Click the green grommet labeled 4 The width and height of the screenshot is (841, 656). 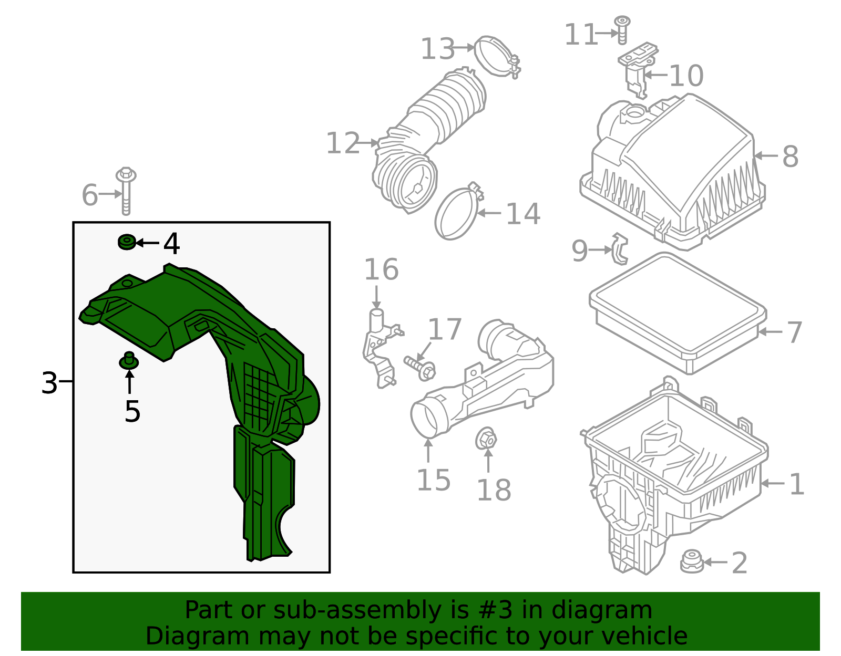click(x=127, y=242)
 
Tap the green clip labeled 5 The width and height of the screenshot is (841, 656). click(x=129, y=361)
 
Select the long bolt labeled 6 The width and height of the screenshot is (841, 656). click(x=126, y=191)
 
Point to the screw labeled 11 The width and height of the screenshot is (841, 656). click(x=622, y=30)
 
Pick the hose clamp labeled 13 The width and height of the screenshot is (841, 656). click(x=497, y=56)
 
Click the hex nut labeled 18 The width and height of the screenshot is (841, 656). click(x=486, y=439)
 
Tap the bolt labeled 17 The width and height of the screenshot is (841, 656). click(x=419, y=366)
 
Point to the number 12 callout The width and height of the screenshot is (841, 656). click(x=343, y=143)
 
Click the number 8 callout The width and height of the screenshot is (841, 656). click(x=790, y=157)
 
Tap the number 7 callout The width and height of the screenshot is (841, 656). click(x=794, y=332)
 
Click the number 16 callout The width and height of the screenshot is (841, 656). click(x=381, y=269)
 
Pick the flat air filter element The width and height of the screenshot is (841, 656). click(x=678, y=313)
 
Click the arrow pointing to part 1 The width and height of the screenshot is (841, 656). click(x=773, y=483)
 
